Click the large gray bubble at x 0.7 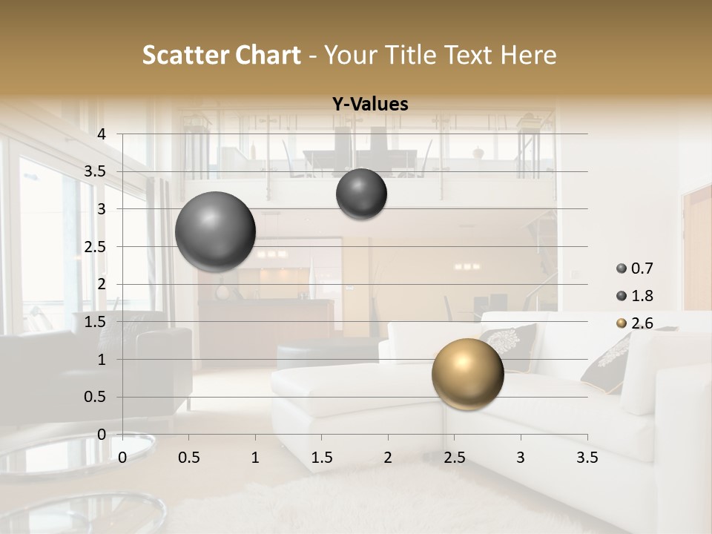click(x=216, y=231)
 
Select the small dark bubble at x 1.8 click(x=361, y=194)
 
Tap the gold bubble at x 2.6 click(x=467, y=374)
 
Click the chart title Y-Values click(x=370, y=105)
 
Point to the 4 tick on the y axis click(x=102, y=134)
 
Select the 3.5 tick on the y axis click(x=95, y=171)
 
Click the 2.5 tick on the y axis click(x=95, y=247)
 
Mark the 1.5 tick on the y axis click(x=95, y=322)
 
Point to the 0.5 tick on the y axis click(x=95, y=397)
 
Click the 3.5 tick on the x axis click(x=587, y=458)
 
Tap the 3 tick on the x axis click(x=521, y=458)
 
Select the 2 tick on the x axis click(x=388, y=458)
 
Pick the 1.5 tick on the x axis click(x=321, y=458)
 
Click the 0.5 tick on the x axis click(x=188, y=458)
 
